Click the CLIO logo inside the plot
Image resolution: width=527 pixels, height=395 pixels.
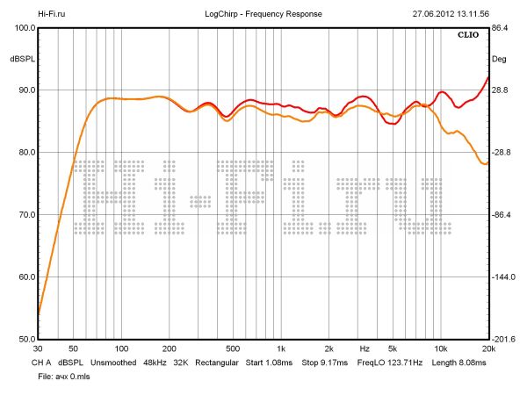(x=469, y=36)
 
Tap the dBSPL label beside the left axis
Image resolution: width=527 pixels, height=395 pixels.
(x=21, y=60)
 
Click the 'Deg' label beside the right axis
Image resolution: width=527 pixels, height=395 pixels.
(x=499, y=60)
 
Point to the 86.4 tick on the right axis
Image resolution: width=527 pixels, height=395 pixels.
(x=501, y=28)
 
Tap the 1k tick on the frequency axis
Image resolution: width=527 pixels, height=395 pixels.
(x=279, y=349)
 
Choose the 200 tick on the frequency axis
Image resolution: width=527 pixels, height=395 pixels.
(x=169, y=349)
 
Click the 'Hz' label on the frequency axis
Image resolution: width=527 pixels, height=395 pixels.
(x=365, y=349)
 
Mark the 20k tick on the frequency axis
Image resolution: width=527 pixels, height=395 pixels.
(x=487, y=349)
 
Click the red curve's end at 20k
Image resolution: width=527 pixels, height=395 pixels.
(x=487, y=77)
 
